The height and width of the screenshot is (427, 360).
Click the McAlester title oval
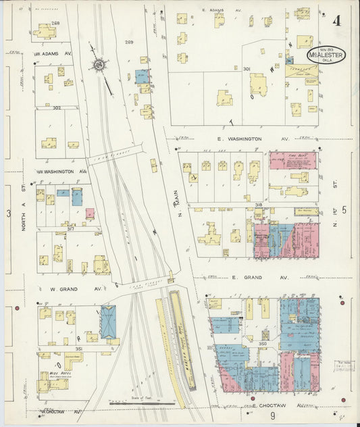coord(326,55)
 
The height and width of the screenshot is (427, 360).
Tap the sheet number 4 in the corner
coord(336,20)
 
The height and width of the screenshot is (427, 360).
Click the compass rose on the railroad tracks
coord(100,66)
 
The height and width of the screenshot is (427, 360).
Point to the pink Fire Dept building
coord(292,160)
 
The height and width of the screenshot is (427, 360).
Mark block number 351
coord(79,349)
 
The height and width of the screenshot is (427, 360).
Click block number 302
coord(57,107)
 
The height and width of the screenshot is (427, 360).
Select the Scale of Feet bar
coord(142,403)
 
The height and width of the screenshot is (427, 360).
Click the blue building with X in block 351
coord(108,322)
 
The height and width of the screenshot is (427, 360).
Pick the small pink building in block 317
coord(90,214)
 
